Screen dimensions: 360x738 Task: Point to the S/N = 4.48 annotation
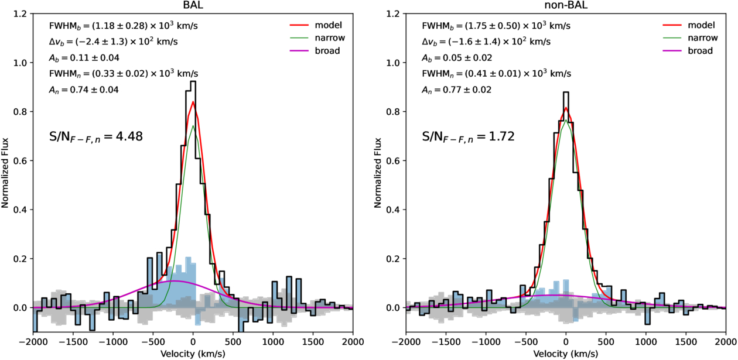pos(96,137)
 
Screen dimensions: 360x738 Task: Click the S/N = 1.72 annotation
pos(469,137)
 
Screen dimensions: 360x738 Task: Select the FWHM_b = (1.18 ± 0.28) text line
pos(123,26)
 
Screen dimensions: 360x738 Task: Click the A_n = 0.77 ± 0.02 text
pos(456,90)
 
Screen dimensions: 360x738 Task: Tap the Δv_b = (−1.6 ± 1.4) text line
pos(486,42)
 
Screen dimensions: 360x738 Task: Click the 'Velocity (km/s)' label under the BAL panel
pos(193,354)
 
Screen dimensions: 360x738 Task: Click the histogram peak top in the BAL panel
pos(193,81)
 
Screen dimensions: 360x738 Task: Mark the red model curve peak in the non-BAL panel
pos(566,108)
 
